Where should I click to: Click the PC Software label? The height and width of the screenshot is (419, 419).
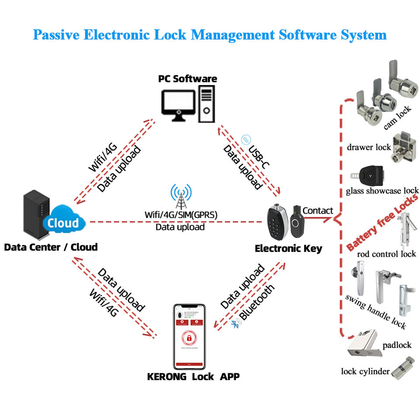coord(187,79)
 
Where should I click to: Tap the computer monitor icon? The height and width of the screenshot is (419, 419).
coord(178,103)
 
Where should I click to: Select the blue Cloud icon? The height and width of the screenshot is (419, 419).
coord(63,223)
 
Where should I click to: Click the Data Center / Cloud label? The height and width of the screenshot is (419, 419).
coord(51,247)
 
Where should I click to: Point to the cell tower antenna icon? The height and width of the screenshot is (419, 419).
coord(181,196)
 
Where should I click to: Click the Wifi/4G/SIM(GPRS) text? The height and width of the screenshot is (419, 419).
coord(181,215)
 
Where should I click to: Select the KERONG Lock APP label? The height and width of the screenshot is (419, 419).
coord(193,376)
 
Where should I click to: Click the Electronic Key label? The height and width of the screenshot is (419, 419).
coord(288,249)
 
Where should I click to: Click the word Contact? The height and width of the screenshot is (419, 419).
coord(318,211)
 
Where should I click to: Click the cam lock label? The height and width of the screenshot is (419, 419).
coord(398,120)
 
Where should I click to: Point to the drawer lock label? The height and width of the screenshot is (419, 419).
coord(369,147)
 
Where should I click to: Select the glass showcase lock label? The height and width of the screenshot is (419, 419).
coord(382,191)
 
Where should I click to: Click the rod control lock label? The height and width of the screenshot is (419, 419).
coord(386,254)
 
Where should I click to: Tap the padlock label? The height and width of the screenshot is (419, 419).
coord(397,345)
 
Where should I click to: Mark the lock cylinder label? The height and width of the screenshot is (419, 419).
coord(365,371)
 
